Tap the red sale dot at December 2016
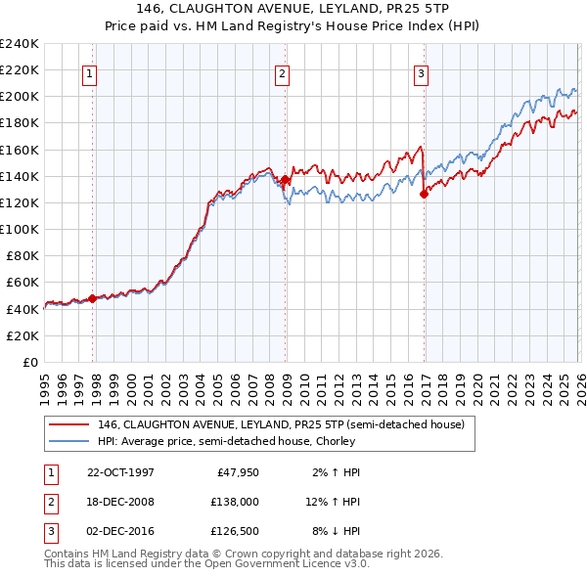point(424,194)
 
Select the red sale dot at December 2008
point(285,179)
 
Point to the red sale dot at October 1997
point(93,298)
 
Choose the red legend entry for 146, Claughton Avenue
point(287,424)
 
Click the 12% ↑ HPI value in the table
point(333,502)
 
